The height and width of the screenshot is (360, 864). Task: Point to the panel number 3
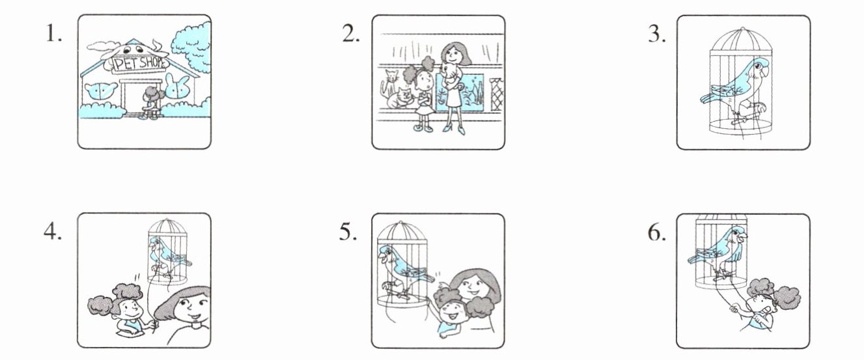(656, 34)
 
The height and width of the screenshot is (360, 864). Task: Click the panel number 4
(52, 232)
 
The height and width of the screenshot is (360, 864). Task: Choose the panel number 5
(348, 232)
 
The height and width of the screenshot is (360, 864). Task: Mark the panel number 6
(656, 232)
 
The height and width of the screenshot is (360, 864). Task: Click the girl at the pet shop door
(150, 103)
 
